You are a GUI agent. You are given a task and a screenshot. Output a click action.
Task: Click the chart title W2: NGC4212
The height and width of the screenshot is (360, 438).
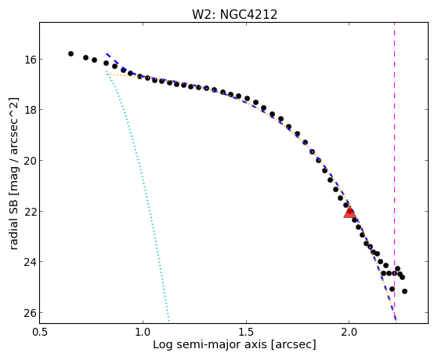(234, 15)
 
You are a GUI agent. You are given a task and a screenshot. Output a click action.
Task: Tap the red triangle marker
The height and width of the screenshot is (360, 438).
(349, 212)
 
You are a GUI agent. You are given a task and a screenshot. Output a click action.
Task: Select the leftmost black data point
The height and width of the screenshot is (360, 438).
(71, 53)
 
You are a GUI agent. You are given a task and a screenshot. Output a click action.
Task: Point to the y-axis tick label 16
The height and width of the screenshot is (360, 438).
(30, 60)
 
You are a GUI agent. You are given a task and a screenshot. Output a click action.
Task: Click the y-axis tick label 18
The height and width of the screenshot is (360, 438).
(30, 109)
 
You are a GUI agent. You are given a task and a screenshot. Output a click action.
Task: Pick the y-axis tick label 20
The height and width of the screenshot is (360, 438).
(30, 160)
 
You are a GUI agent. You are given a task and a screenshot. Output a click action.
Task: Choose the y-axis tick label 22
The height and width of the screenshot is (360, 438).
(30, 211)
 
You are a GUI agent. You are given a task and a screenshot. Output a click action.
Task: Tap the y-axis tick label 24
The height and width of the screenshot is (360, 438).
(30, 262)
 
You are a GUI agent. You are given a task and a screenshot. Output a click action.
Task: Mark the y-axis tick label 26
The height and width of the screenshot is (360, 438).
(30, 313)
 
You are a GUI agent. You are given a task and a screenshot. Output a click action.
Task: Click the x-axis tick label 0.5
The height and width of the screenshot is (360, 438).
(40, 333)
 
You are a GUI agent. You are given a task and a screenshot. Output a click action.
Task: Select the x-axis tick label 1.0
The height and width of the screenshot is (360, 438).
(143, 333)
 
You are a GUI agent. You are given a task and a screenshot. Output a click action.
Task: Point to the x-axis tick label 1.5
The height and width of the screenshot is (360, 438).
(246, 333)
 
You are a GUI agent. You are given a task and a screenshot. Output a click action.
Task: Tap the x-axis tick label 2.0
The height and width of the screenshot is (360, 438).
(349, 333)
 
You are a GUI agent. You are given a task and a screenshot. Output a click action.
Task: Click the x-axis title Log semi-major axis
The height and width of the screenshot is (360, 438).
(210, 344)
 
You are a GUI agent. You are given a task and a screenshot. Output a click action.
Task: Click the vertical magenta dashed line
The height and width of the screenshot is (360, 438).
(394, 173)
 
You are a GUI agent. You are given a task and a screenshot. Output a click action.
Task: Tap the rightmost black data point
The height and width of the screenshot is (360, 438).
(404, 292)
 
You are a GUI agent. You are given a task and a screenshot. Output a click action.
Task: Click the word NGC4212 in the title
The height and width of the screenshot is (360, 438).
(248, 15)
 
